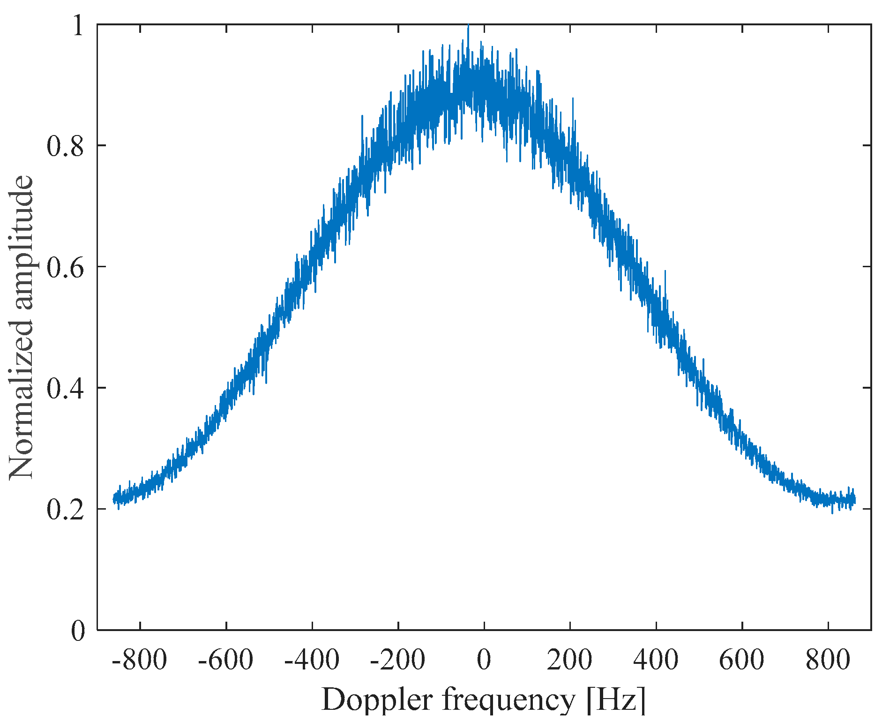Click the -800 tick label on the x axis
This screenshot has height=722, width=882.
pyautogui.click(x=140, y=661)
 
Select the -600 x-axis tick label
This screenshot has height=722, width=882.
pyautogui.click(x=225, y=661)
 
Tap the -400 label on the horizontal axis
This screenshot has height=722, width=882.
pyautogui.click(x=312, y=661)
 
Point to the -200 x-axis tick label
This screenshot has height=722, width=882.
pyautogui.click(x=397, y=661)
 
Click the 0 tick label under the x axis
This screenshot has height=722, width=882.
pyautogui.click(x=484, y=661)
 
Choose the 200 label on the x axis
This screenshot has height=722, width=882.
pyautogui.click(x=570, y=661)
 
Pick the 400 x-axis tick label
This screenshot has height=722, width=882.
pyautogui.click(x=656, y=661)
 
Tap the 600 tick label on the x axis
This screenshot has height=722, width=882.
pyautogui.click(x=742, y=661)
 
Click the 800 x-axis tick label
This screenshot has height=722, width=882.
pyautogui.click(x=828, y=661)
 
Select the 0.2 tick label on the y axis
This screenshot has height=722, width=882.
pyautogui.click(x=66, y=510)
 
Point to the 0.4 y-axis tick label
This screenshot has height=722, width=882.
pyautogui.click(x=66, y=388)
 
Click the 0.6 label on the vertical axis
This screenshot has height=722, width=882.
pyautogui.click(x=66, y=267)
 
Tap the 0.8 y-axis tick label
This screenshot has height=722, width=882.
pyautogui.click(x=66, y=146)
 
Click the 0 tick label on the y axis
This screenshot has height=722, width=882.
pyautogui.click(x=78, y=631)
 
